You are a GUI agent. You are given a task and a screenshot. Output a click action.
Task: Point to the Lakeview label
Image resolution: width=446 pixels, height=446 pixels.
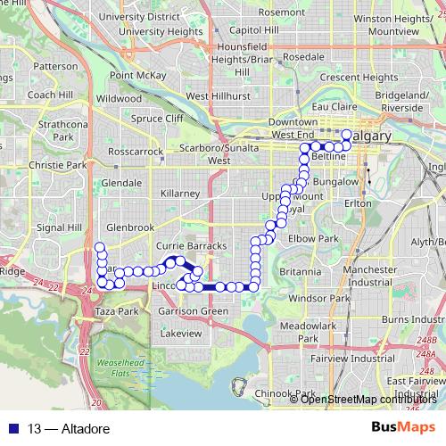[x=181, y=332]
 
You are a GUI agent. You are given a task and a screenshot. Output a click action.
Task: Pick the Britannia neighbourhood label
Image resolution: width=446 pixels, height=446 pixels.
[x=300, y=271]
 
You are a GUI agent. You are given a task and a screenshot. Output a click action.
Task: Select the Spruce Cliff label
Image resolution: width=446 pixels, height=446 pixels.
[x=157, y=118]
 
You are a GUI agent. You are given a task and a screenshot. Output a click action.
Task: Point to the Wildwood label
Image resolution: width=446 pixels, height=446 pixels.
[x=119, y=97]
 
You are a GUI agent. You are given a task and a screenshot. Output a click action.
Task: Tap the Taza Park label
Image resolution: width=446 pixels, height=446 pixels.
[x=117, y=311]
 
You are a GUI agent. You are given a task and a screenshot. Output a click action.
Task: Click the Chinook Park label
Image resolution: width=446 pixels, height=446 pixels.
[x=293, y=393]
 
